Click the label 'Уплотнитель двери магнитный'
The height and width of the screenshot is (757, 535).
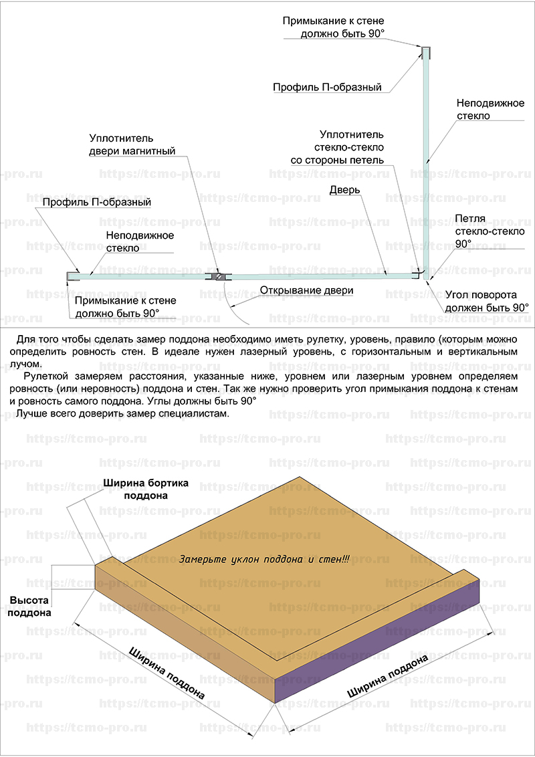coord(132,145)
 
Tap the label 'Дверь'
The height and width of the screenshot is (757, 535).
coord(345,190)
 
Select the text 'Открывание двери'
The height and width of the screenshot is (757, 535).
coord(306,291)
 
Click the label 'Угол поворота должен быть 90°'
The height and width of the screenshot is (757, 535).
coord(487,302)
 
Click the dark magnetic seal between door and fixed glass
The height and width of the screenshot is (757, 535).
coord(218,276)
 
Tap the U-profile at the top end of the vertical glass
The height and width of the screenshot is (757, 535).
coord(425,51)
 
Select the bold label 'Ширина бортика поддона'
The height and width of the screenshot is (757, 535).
coord(146,489)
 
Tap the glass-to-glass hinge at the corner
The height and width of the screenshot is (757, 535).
coord(422,274)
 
